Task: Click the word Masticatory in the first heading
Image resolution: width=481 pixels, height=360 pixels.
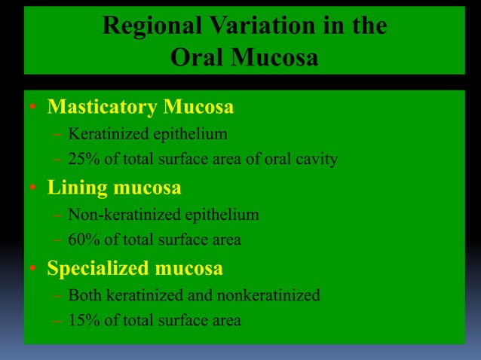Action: (102, 107)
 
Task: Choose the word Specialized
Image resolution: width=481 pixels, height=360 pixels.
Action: (97, 268)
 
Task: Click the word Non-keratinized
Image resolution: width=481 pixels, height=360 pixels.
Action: (114, 215)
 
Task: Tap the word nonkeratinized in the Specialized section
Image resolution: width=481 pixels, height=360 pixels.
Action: (268, 295)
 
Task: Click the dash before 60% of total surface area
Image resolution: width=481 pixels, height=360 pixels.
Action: (57, 240)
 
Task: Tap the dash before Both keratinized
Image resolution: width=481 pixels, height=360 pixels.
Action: (57, 295)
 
